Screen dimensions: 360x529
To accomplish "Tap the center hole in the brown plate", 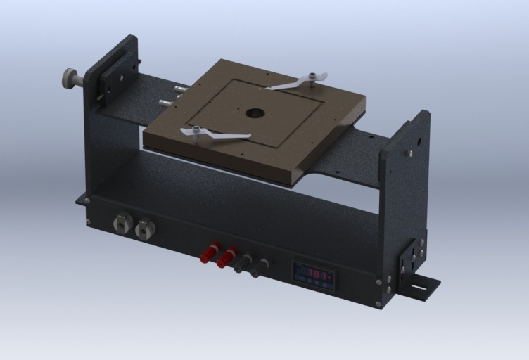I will coord(255,112).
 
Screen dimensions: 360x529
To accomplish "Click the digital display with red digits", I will coord(314,275).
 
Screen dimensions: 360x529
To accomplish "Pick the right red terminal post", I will coord(227,257).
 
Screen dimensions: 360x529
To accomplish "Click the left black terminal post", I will coord(243,263).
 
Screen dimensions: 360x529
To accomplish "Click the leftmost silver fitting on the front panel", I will coord(123,224).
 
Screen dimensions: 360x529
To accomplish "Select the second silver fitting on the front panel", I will coord(145,229).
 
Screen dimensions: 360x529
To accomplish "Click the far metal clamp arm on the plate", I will coord(296,83).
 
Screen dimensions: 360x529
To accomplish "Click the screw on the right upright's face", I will coord(410,152).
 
